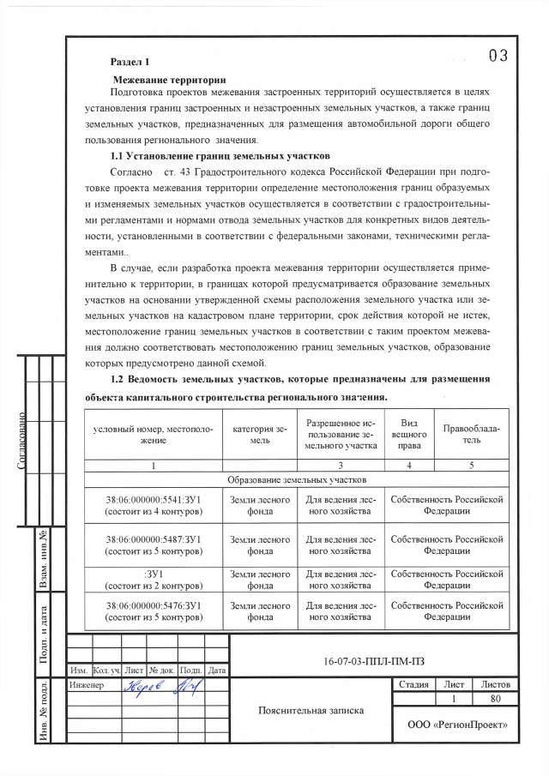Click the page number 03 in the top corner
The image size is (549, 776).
coord(498,57)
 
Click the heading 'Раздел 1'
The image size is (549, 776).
coord(130,62)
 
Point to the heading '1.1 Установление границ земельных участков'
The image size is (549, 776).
coord(220,156)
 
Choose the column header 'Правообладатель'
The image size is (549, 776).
coord(471,433)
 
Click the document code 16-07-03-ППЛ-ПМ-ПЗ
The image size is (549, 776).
coord(374,660)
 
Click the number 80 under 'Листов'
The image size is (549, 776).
coord(497,700)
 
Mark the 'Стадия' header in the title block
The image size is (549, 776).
coord(414,684)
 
